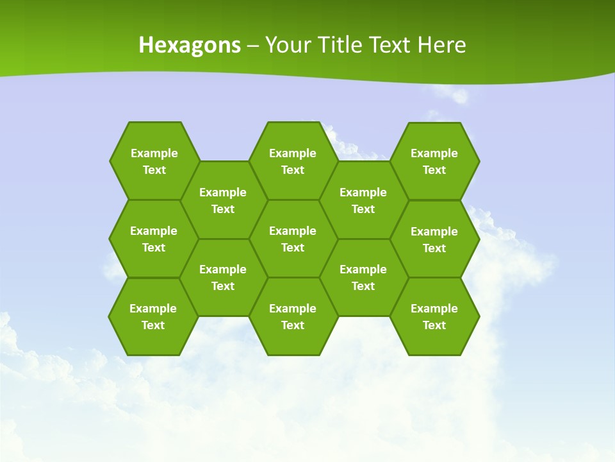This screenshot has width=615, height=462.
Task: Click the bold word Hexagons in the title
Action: pyautogui.click(x=190, y=45)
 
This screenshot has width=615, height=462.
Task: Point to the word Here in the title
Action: pyautogui.click(x=441, y=45)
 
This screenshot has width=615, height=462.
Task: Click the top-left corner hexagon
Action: pyautogui.click(x=154, y=161)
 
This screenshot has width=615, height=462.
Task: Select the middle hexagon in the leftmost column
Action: pyautogui.click(x=154, y=239)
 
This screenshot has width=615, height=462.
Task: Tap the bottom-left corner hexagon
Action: pyautogui.click(x=153, y=316)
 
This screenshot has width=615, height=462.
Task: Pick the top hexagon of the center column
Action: pyautogui.click(x=293, y=161)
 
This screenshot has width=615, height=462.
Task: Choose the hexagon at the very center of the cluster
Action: pyautogui.click(x=293, y=239)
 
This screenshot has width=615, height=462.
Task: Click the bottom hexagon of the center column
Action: pyautogui.click(x=293, y=316)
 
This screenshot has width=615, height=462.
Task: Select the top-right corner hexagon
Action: pyautogui.click(x=434, y=161)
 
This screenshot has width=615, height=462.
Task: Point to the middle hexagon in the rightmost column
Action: pyautogui.click(x=434, y=239)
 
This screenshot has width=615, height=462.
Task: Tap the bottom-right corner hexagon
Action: pyautogui.click(x=434, y=316)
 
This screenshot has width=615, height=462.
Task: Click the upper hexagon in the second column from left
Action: pyautogui.click(x=223, y=200)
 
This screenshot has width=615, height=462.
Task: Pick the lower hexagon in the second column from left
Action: pyautogui.click(x=223, y=277)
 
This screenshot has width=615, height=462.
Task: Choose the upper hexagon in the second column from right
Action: pyautogui.click(x=363, y=200)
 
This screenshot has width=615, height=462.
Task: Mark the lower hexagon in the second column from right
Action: pyautogui.click(x=363, y=277)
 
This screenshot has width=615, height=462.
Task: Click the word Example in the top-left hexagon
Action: pyautogui.click(x=154, y=153)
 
